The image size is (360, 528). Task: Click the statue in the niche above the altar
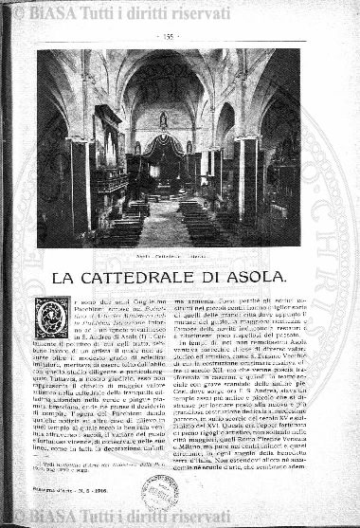point(163,120)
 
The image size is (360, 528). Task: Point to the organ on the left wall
point(106,142)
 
